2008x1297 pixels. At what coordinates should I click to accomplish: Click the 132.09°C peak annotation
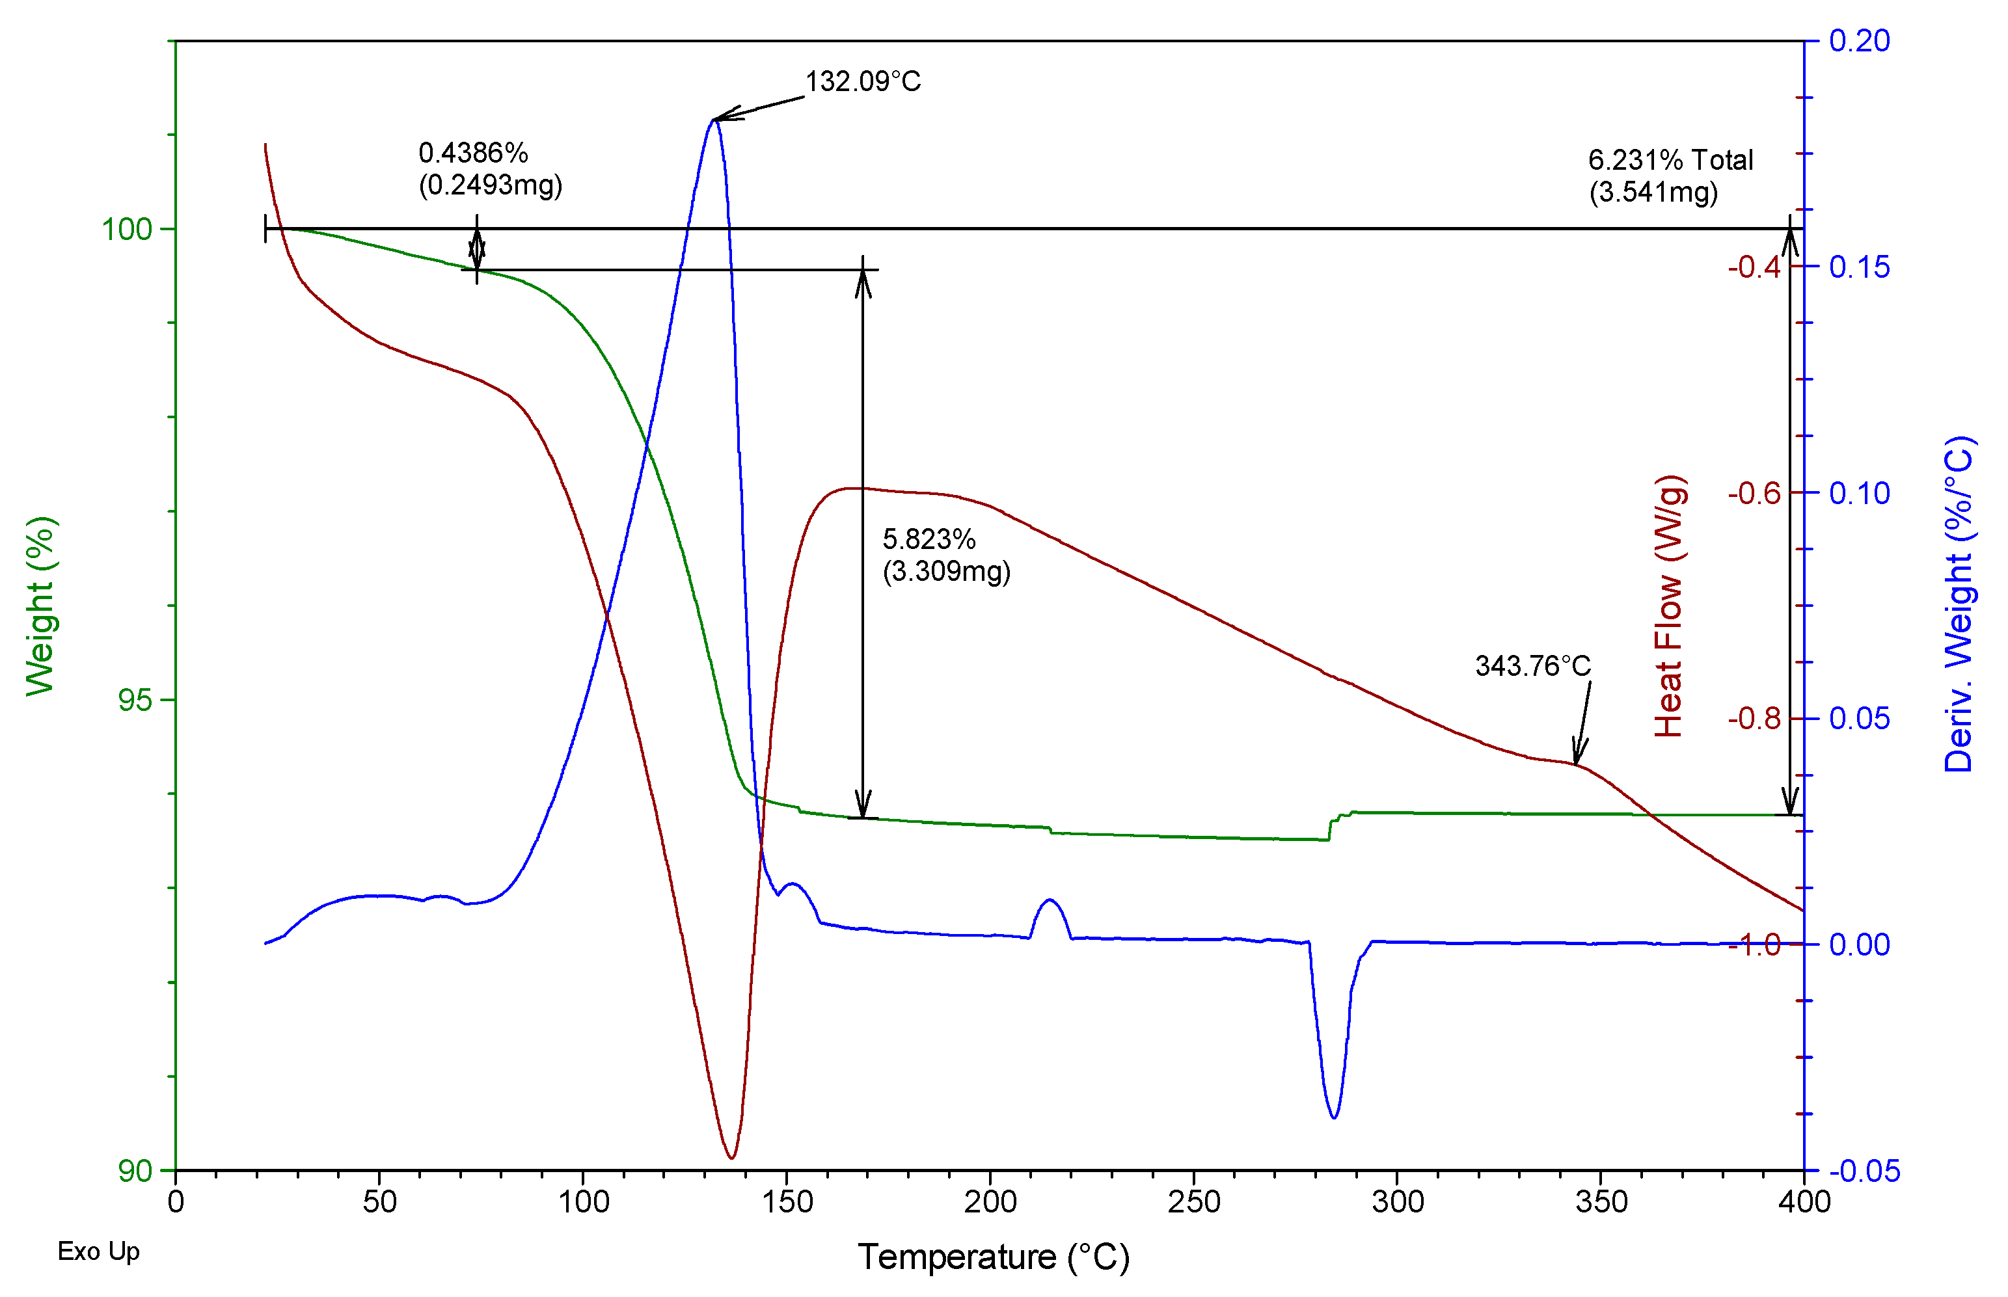coord(863,82)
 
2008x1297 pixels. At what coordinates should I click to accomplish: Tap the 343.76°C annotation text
coord(1532,666)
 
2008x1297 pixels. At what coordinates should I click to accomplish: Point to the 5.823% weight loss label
coord(928,539)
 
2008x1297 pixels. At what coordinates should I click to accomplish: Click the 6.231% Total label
coord(1670,160)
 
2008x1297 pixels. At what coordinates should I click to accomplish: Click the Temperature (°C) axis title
coord(993,1257)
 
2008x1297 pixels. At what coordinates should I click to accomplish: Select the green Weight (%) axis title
coord(40,606)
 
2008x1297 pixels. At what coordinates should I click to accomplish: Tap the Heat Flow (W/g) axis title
coord(1668,606)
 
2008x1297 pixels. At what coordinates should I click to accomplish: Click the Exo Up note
coord(98,1251)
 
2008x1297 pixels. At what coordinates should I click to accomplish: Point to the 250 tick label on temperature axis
coord(1193,1202)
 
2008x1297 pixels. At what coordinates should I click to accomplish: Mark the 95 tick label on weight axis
coord(135,700)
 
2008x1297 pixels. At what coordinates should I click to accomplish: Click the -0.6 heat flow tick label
coord(1754,492)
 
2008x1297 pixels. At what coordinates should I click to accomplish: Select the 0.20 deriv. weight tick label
coord(1859,40)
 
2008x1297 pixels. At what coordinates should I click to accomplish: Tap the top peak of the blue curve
coord(713,120)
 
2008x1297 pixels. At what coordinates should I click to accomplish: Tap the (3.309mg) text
coord(946,571)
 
